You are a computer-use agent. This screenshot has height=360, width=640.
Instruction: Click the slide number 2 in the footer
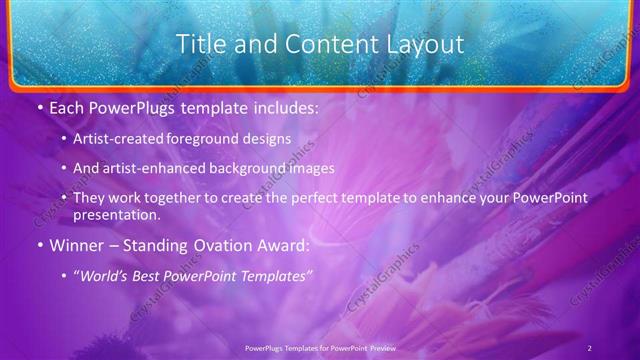coord(589,347)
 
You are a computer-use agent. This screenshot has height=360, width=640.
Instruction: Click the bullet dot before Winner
coord(38,244)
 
